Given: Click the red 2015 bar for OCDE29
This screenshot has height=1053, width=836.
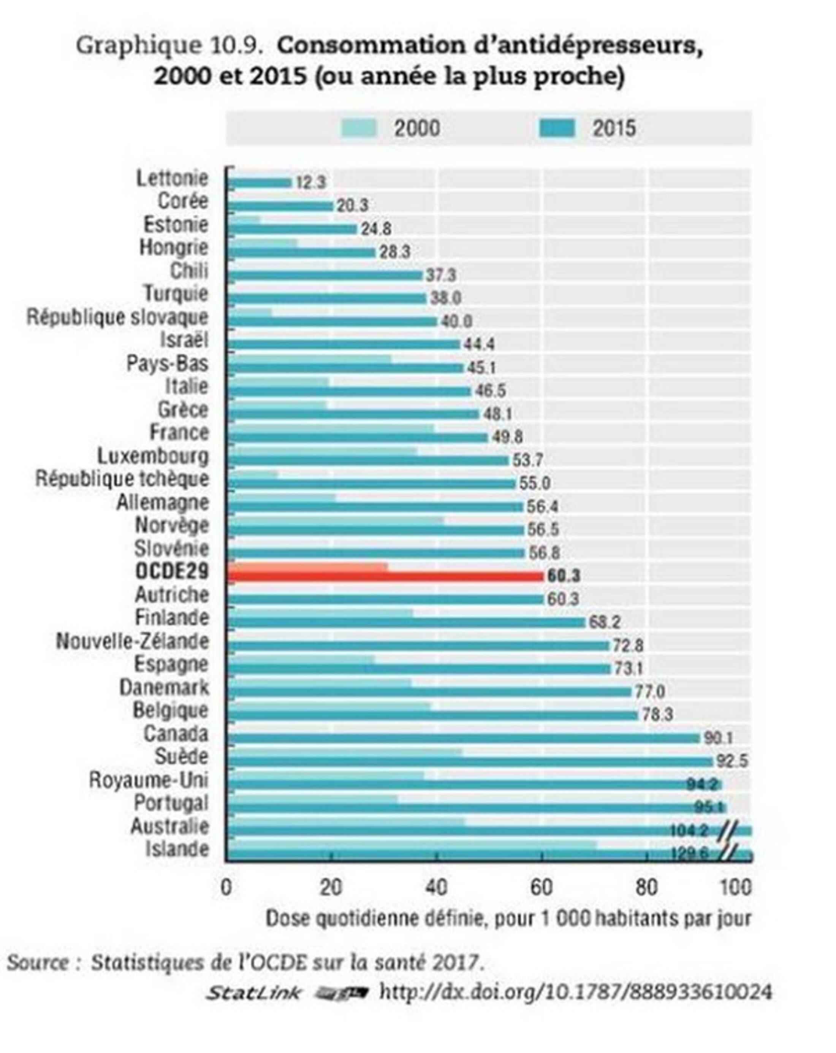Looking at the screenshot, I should tap(386, 577).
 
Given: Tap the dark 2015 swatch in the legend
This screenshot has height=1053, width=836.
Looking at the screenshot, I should tap(557, 128).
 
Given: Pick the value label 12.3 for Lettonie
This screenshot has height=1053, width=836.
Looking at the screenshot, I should tap(310, 183).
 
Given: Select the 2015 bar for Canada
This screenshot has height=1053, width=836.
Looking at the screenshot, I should tap(464, 738).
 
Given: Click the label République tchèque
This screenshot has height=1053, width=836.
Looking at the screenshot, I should tap(122, 479).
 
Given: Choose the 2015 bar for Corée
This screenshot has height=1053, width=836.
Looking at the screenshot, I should tap(281, 206).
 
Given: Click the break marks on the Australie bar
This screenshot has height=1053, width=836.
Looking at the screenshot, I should tap(728, 830).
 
